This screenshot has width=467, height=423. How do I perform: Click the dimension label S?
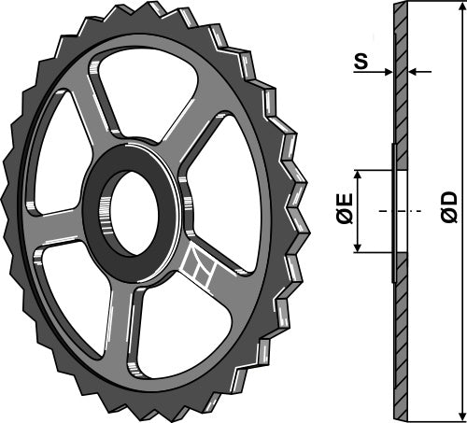pos(359,64)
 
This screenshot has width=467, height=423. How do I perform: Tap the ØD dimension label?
pos(448,206)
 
